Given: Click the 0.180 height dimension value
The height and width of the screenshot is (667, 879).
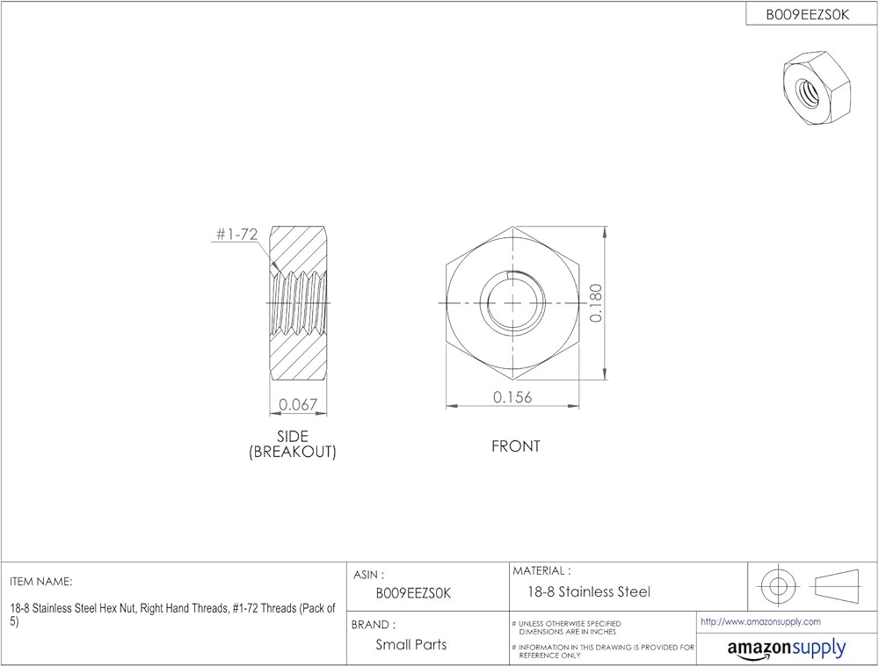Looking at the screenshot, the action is (596, 302).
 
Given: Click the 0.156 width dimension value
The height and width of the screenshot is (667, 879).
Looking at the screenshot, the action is (512, 397).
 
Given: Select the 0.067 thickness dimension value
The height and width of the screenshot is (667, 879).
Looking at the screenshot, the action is (298, 404).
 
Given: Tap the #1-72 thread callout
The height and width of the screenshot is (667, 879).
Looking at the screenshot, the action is (236, 235).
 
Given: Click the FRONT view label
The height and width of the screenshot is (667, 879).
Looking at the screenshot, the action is (516, 446).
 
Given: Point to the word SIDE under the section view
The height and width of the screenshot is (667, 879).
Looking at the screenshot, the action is (293, 436).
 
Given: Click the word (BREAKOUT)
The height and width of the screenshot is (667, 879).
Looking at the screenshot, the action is (293, 452).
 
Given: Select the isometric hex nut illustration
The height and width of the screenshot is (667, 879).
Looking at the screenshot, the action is (817, 87).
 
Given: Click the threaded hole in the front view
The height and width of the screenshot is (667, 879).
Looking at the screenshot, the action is (513, 302).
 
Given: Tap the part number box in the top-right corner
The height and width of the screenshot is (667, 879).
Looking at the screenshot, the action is (808, 15).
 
